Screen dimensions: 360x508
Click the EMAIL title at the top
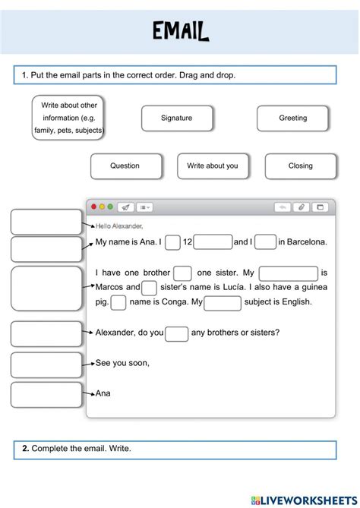tap(180, 32)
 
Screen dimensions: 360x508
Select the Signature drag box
tap(176, 118)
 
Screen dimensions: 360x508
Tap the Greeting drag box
tap(292, 118)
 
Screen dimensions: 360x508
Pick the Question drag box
tap(125, 166)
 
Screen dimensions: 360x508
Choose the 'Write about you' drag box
tap(213, 166)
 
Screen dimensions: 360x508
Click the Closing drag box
tap(300, 166)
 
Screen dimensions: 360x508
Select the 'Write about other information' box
tap(68, 118)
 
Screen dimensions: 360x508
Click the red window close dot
tap(94, 207)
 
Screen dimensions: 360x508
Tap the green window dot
tap(110, 207)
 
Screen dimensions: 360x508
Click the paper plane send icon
tap(126, 207)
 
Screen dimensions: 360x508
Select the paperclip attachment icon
tap(302, 207)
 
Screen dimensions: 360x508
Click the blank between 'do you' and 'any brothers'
tap(177, 333)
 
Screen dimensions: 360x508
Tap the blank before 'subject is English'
tap(223, 303)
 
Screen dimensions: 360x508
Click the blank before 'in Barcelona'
tap(265, 242)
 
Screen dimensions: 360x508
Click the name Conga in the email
tap(172, 302)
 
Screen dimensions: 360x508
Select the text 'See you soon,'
tap(122, 363)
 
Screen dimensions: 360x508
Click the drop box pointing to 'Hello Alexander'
tap(46, 222)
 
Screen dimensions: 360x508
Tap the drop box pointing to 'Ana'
tap(46, 394)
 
